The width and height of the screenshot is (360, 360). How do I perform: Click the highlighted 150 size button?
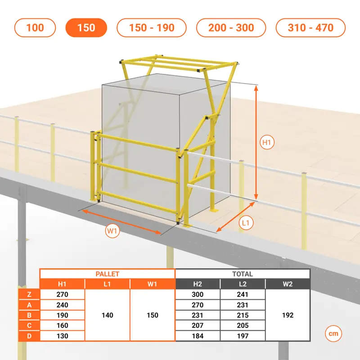[86, 27]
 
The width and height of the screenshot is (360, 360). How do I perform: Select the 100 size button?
[35, 27]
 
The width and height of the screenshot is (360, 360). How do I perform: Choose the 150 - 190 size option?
[152, 27]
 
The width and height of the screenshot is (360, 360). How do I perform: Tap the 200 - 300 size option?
[231, 27]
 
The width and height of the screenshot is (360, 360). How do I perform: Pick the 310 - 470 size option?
[310, 27]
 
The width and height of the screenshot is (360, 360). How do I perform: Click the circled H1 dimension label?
[267, 142]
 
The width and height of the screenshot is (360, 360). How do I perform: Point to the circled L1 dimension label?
[246, 223]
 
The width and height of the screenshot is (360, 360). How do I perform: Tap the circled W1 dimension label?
[112, 231]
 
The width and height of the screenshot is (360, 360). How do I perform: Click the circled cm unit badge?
[333, 333]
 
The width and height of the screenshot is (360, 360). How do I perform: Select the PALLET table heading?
[107, 274]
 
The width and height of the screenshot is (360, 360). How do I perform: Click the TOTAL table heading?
[243, 274]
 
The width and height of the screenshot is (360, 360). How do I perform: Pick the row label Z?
[29, 294]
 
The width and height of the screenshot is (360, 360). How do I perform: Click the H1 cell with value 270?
[62, 294]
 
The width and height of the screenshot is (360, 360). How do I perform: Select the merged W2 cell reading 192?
[288, 315]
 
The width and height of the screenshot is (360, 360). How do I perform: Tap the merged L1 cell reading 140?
[107, 315]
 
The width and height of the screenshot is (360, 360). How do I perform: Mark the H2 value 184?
[198, 336]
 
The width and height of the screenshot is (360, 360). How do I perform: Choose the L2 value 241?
[243, 294]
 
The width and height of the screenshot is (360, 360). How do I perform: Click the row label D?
[29, 336]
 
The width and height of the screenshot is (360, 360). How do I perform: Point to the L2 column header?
[243, 284]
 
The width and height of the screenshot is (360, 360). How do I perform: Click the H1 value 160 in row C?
[62, 325]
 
